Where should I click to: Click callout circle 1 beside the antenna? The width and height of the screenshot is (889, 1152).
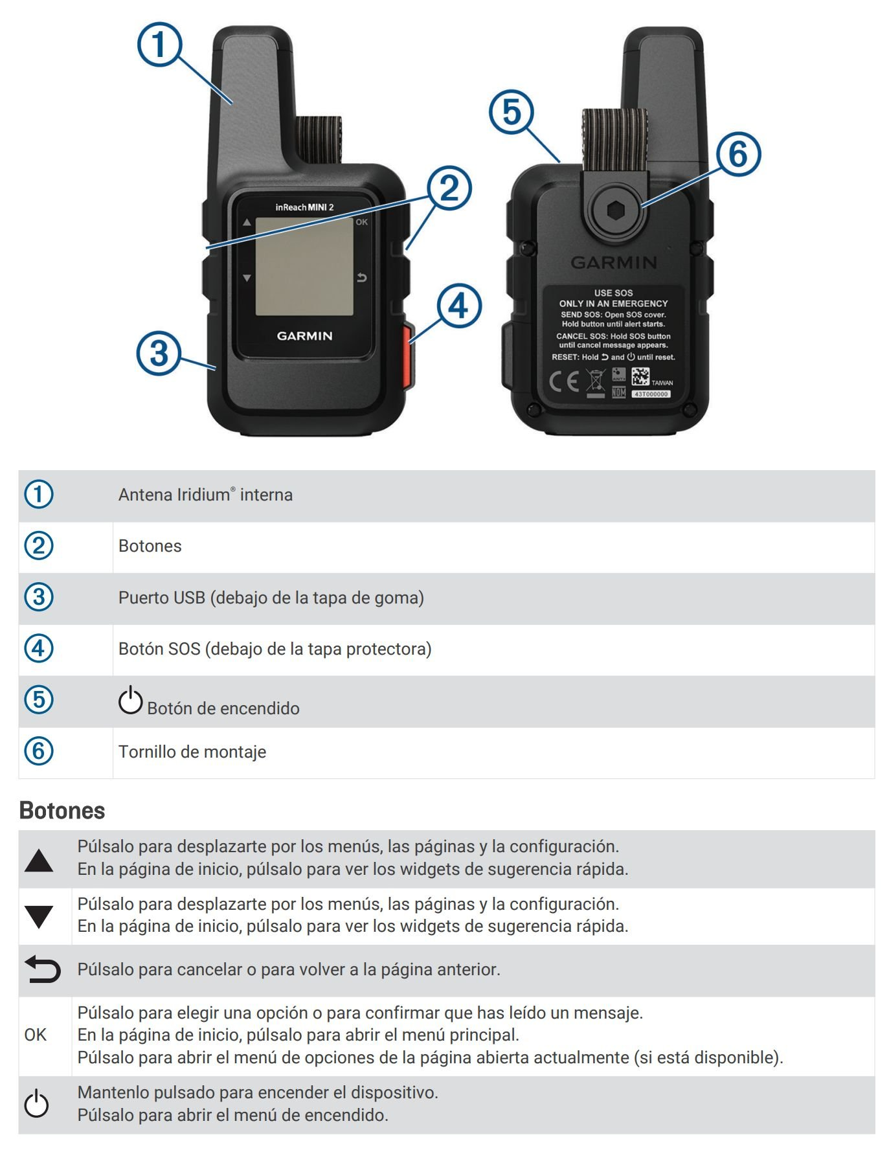pos(159,45)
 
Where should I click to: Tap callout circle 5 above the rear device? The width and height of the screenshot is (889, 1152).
pos(512,112)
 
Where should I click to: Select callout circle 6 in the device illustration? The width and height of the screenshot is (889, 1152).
pos(738,154)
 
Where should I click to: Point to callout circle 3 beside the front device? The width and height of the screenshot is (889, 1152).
pos(159,354)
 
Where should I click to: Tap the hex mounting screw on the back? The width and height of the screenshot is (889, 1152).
pos(614,210)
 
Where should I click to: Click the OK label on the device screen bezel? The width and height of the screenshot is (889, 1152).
pos(361,222)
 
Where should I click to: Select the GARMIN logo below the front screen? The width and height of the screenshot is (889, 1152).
pos(304,336)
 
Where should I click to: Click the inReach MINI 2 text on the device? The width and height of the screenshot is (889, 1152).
pos(304,207)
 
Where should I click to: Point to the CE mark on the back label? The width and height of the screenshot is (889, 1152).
pos(564,381)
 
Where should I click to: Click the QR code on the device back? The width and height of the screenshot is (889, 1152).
pos(640,376)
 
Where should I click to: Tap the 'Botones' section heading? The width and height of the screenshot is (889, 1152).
pos(62,811)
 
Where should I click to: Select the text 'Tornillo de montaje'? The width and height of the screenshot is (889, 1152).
pos(192,752)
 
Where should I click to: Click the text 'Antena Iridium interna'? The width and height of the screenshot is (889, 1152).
pos(205,495)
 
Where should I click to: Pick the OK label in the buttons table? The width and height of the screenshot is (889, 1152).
pos(36,1035)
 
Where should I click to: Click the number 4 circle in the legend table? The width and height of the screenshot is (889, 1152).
pos(39,648)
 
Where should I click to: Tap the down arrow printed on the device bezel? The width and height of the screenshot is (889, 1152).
pos(247,278)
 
